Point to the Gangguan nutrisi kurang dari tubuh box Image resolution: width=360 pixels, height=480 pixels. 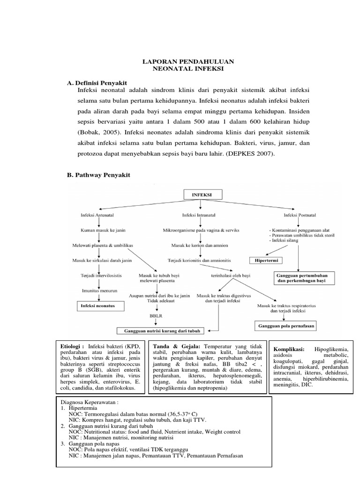pyautogui.click(x=162, y=330)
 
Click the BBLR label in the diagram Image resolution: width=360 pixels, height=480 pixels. pyautogui.click(x=155, y=316)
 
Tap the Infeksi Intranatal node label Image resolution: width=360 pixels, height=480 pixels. pyautogui.click(x=200, y=215)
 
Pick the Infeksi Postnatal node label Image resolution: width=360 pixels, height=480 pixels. pyautogui.click(x=300, y=215)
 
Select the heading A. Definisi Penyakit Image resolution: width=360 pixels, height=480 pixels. pyautogui.click(x=97, y=82)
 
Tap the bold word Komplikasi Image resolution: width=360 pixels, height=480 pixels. pyautogui.click(x=289, y=349)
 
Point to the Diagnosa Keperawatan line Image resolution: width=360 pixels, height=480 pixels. pyautogui.click(x=90, y=402)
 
